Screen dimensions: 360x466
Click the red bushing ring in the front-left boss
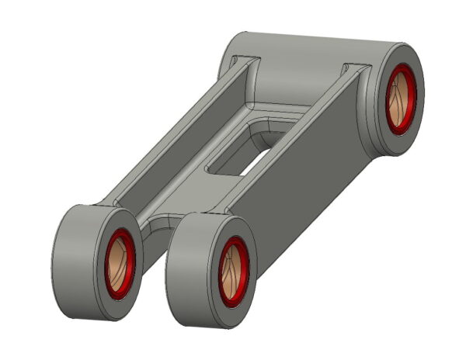point(110,242)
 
